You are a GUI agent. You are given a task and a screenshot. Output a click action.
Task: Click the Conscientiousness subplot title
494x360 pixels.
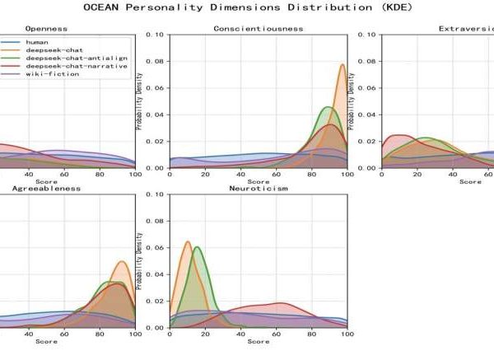pyautogui.click(x=258, y=28)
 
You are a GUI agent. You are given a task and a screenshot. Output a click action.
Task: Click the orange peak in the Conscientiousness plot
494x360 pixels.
pyautogui.click(x=343, y=64)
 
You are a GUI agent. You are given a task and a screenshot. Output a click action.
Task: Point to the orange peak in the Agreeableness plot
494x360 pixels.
pyautogui.click(x=122, y=262)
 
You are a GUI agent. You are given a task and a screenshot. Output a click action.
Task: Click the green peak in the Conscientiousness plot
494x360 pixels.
pyautogui.click(x=328, y=108)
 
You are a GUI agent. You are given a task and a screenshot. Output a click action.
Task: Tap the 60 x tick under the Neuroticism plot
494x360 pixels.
pyautogui.click(x=276, y=334)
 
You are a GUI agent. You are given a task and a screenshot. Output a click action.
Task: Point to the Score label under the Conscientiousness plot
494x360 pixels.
pyautogui.click(x=258, y=181)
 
